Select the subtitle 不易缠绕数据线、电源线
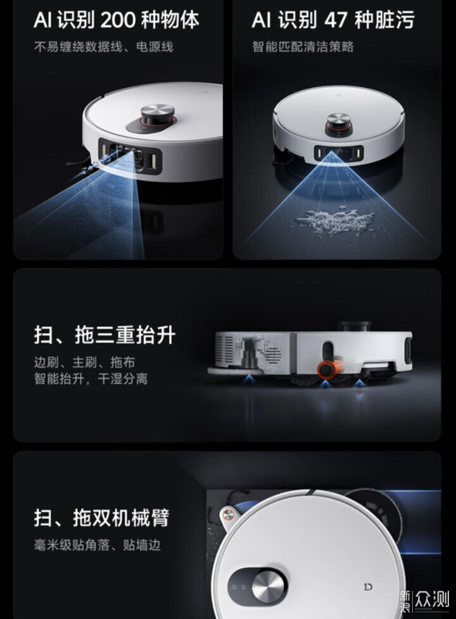tap(104, 47)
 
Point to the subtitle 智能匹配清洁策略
tap(303, 47)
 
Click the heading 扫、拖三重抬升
tap(104, 335)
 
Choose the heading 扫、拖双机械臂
tap(101, 518)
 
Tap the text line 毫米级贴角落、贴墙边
tap(98, 545)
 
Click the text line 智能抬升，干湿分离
tap(91, 379)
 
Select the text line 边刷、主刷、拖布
tap(84, 362)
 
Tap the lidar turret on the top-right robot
tap(338, 124)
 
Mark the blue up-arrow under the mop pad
tap(248, 380)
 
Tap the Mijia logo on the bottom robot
tap(367, 587)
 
